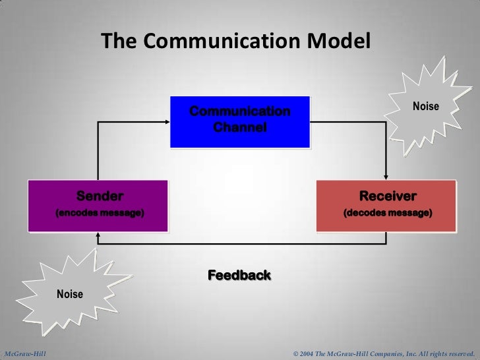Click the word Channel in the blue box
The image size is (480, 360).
click(239, 126)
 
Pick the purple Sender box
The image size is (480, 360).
click(97, 205)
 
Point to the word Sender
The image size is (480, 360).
click(100, 196)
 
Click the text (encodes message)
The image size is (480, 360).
click(100, 214)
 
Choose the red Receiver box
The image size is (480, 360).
click(386, 205)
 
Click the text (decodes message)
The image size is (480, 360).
click(388, 214)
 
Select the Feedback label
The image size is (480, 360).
click(239, 275)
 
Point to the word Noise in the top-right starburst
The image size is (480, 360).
click(425, 106)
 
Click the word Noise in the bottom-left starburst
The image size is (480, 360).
click(70, 294)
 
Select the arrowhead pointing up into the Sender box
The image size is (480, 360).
click(98, 235)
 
